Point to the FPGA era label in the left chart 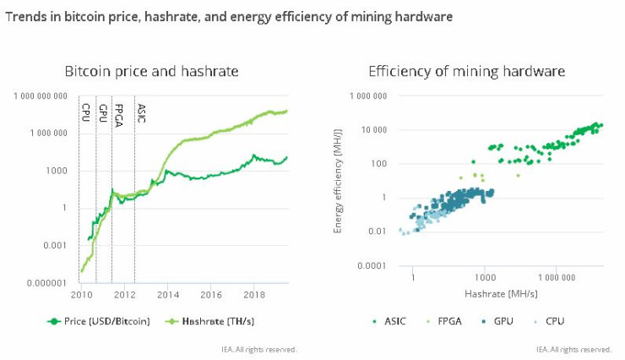[x=118, y=114]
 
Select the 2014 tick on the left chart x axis [x=168, y=295]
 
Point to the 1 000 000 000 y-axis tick [x=40, y=96]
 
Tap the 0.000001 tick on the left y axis [x=46, y=282]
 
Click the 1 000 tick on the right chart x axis [x=484, y=276]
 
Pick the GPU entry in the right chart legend [x=499, y=321]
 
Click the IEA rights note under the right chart [x=573, y=348]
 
